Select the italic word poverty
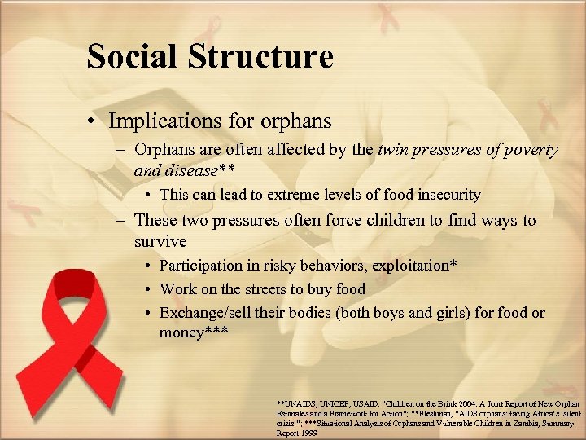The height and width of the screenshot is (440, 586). point(527,150)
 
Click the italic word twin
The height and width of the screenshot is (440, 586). point(394,150)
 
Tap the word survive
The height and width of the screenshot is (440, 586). point(160,242)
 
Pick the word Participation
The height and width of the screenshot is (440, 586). point(201,266)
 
